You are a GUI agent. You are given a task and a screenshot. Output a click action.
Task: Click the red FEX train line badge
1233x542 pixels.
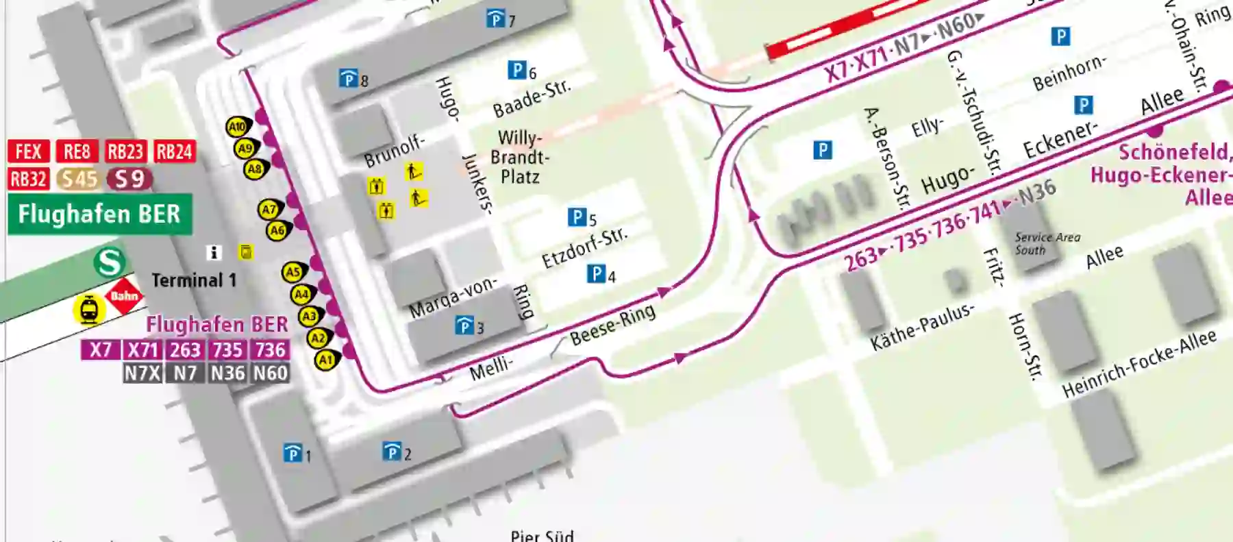click(29, 151)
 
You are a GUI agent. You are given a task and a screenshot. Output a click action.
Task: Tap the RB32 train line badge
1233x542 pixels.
click(29, 179)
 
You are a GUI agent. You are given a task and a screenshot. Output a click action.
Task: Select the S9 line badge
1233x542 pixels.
click(129, 179)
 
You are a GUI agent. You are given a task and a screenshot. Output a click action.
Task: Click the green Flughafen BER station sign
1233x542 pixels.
click(99, 214)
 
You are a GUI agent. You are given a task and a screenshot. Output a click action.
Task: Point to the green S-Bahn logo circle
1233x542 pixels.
click(110, 262)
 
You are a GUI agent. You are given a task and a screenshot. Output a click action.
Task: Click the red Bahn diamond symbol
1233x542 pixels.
click(124, 296)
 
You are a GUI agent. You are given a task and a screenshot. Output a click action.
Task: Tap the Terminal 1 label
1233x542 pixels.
click(194, 280)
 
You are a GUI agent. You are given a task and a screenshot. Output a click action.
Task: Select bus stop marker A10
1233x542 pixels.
click(237, 127)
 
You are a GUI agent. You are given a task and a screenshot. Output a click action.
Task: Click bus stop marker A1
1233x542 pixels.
click(326, 360)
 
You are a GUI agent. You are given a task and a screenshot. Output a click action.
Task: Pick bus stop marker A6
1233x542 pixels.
click(277, 231)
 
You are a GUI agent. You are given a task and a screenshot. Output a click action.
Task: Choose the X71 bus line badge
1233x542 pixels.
click(142, 350)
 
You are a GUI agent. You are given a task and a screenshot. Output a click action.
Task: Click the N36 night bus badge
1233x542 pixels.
click(227, 373)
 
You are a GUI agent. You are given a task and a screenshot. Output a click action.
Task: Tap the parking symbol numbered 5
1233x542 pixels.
click(577, 218)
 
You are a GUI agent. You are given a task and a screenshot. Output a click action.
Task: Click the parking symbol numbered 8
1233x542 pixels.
click(349, 79)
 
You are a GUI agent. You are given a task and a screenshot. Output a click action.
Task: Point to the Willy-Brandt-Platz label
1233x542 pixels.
click(519, 158)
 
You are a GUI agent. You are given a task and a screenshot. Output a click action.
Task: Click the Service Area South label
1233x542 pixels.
click(1047, 243)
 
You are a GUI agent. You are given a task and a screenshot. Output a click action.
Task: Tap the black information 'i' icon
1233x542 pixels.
click(214, 253)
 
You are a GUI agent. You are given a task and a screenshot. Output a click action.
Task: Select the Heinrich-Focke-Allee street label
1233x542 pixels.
click(1138, 364)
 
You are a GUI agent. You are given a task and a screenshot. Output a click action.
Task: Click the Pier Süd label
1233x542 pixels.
click(542, 534)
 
